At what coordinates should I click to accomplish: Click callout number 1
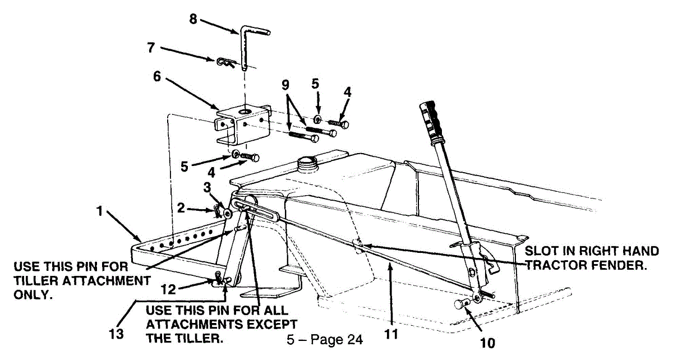click(x=99, y=214)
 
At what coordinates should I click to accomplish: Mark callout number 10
click(x=488, y=342)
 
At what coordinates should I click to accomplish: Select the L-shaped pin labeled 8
click(x=246, y=45)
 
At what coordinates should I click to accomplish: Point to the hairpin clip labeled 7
click(x=223, y=62)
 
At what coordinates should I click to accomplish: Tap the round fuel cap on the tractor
click(x=307, y=164)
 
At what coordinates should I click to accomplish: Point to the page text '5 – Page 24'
click(x=324, y=339)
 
